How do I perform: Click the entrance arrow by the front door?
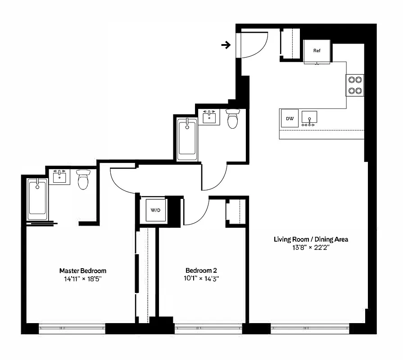[226, 45]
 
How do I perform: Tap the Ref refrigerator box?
[317, 51]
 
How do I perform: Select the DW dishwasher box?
[290, 119]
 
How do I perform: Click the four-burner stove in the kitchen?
[355, 85]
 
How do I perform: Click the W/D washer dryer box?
[155, 210]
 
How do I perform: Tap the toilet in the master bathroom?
[83, 179]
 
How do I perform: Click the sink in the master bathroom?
[59, 176]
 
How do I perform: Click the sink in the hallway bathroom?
[209, 117]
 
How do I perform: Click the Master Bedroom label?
[83, 270]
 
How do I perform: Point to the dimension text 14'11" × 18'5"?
[83, 279]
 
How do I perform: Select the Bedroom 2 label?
[201, 270]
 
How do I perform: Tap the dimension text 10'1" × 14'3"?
[201, 279]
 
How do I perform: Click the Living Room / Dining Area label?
[311, 239]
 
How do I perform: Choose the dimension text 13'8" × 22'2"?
[311, 247]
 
